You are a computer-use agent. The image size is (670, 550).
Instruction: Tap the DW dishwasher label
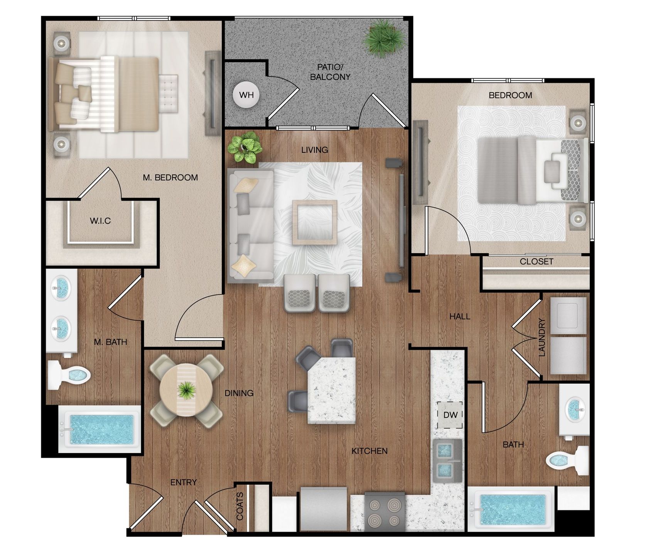[x=450, y=415]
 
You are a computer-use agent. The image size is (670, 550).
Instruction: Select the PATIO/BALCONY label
[x=330, y=72]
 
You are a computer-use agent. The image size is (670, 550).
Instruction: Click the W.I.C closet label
[x=100, y=221]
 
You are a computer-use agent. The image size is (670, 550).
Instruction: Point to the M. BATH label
[x=110, y=342]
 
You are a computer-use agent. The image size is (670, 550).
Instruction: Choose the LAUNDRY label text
[x=542, y=337]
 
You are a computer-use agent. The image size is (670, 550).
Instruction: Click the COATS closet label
[x=240, y=506]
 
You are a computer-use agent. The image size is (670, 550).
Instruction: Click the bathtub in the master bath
[x=99, y=429]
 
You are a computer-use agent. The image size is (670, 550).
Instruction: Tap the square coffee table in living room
[x=314, y=222]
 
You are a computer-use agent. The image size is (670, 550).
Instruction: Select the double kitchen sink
[x=448, y=460]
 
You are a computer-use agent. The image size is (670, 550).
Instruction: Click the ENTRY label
[x=184, y=482]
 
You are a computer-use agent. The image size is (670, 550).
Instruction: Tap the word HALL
[x=460, y=316]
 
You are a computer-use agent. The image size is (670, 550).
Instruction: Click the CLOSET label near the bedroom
[x=537, y=261]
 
